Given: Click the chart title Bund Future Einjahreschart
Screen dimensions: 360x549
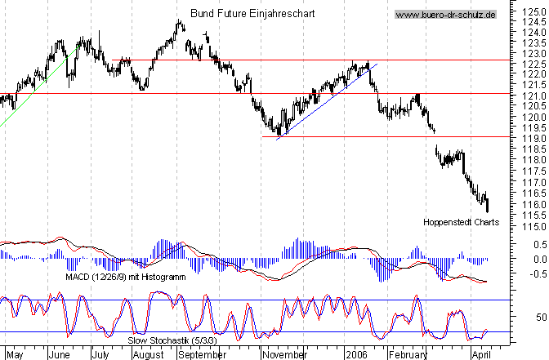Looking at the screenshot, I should (x=252, y=14).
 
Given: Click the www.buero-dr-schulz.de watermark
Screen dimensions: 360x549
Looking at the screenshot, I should (x=445, y=15).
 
